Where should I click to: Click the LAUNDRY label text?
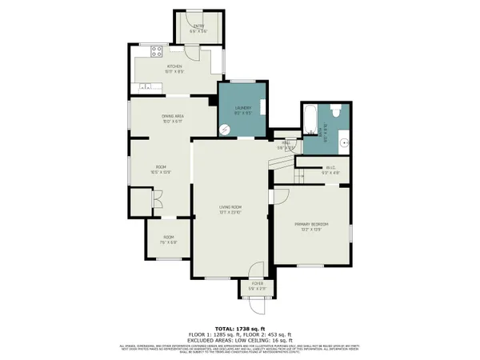tap(243, 109)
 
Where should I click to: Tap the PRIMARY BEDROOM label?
tap(312, 224)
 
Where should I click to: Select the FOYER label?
tap(257, 284)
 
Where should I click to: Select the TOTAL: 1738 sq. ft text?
tap(239, 329)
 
